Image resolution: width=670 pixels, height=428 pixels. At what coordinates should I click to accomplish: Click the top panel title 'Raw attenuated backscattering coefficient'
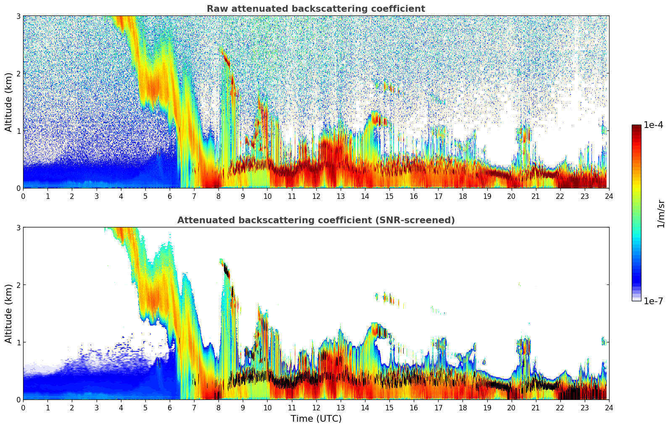[x=315, y=9]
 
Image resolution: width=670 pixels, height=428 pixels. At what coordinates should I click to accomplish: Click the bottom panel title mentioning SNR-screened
[x=315, y=220]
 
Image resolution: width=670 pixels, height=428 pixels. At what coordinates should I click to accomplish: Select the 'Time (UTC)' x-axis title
[x=316, y=419]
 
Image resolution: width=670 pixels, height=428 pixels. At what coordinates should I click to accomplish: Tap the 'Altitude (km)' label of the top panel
[x=9, y=102]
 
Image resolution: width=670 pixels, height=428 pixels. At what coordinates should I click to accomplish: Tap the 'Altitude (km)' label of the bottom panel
[x=9, y=313]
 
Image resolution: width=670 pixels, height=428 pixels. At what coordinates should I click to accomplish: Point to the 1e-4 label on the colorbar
[x=653, y=125]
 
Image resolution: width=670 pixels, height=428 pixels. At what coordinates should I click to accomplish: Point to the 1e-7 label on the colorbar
[x=653, y=301]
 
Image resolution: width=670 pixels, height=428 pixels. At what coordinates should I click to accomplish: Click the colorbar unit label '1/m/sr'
[x=661, y=214]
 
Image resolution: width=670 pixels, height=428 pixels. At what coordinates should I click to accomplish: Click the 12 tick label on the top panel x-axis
[x=316, y=196]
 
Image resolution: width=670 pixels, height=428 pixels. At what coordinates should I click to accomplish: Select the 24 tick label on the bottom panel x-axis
[x=609, y=408]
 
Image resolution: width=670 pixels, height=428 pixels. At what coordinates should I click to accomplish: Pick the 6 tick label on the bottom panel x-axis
[x=170, y=408]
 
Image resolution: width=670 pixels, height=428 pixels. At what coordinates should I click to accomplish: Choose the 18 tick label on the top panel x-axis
[x=462, y=196]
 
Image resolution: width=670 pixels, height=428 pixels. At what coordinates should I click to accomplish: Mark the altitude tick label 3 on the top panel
[x=18, y=16]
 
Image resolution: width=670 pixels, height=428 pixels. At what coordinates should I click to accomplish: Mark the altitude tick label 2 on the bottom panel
[x=18, y=285]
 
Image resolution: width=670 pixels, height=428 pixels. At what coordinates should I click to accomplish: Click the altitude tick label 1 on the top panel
[x=18, y=131]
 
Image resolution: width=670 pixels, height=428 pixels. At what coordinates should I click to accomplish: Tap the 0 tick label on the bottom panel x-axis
[x=23, y=408]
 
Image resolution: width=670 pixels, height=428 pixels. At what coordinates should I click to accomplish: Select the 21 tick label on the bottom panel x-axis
[x=536, y=408]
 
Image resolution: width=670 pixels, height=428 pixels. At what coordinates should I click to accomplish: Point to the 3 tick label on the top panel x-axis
[x=96, y=196]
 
